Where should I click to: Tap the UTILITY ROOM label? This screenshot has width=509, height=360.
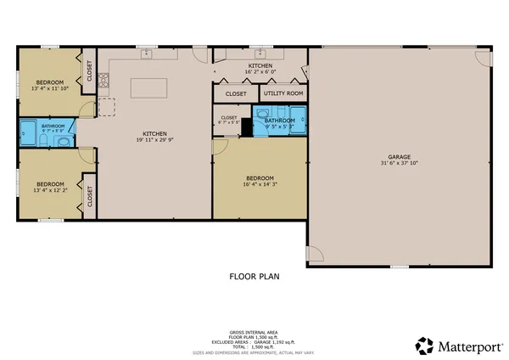(x=283, y=93)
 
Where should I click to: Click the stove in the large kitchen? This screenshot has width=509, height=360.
(x=105, y=82)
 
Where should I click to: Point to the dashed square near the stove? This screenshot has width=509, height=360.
(x=107, y=106)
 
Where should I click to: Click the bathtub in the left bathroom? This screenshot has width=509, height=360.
(x=28, y=130)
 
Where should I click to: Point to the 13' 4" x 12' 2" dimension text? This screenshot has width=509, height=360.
(x=50, y=189)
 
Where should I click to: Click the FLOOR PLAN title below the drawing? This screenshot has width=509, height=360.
(x=254, y=276)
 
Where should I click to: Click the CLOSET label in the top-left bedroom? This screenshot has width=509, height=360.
(x=89, y=71)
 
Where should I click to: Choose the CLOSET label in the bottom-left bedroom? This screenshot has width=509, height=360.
(x=89, y=196)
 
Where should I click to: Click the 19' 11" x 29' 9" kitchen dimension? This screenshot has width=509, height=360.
(x=154, y=139)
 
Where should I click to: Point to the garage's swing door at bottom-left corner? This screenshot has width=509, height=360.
(x=314, y=254)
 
